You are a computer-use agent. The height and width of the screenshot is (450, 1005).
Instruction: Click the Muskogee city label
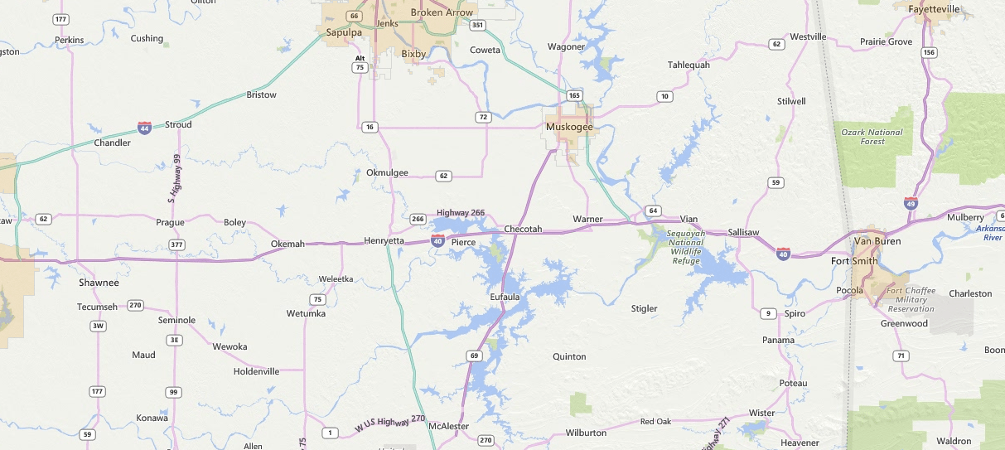[569, 127]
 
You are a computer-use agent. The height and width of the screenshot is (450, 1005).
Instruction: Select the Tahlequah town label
[689, 65]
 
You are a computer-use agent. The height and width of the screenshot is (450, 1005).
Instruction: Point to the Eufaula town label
[505, 296]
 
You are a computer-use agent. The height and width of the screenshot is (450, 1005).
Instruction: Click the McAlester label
[448, 426]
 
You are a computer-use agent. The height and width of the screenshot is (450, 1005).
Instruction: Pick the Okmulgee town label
[387, 172]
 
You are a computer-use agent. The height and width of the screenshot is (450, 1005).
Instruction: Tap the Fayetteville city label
[934, 9]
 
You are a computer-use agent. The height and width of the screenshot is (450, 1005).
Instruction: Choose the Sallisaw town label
[743, 232]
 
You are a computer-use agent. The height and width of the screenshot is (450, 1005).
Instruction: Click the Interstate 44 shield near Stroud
[144, 128]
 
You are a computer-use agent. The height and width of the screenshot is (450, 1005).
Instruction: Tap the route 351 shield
[476, 26]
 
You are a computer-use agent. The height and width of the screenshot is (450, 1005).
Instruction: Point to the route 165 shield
[574, 95]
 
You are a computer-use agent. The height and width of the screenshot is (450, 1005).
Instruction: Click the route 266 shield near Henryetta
[418, 220]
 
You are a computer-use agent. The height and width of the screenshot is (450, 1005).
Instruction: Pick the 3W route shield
[99, 326]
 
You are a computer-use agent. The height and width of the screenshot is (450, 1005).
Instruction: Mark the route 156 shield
[929, 52]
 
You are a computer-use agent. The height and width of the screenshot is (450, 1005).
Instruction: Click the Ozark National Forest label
[872, 137]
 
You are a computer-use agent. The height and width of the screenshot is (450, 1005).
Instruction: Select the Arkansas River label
[990, 232]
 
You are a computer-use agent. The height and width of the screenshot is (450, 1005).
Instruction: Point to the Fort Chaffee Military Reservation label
[910, 299]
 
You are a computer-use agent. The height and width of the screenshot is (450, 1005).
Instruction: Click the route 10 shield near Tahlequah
[664, 97]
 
